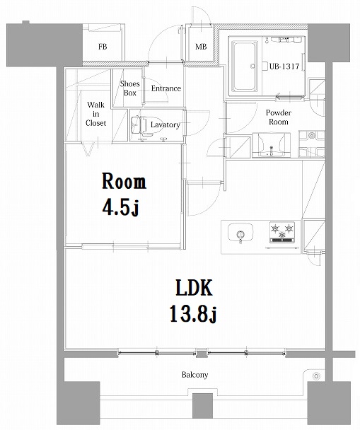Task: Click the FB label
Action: pyautogui.click(x=103, y=47)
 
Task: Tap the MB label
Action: pyautogui.click(x=202, y=47)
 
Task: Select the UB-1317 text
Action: pyautogui.click(x=285, y=66)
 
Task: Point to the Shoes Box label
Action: pyautogui.click(x=130, y=88)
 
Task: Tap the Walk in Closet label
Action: pyautogui.click(x=96, y=113)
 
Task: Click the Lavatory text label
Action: pyautogui.click(x=166, y=125)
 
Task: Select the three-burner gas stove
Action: pyautogui.click(x=281, y=231)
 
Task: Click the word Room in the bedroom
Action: pyautogui.click(x=124, y=182)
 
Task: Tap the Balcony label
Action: pyautogui.click(x=192, y=375)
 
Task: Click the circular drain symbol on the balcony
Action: pyautogui.click(x=316, y=376)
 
